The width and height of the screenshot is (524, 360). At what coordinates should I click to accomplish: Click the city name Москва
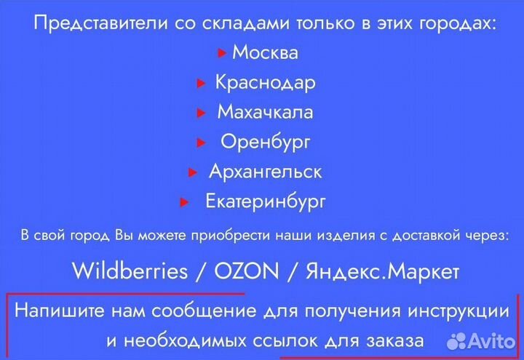tap(265, 53)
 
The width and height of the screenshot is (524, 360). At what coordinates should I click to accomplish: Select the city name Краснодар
tap(265, 83)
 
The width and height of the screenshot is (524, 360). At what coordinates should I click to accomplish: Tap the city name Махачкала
tap(265, 113)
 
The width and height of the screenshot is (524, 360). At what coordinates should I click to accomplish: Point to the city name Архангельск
tap(265, 172)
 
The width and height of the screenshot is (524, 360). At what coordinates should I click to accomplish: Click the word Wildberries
tap(130, 272)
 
